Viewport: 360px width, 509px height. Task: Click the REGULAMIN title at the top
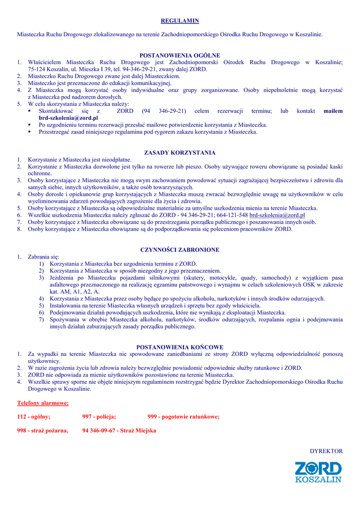[180, 21]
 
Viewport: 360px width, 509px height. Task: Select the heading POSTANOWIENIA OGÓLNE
[180, 55]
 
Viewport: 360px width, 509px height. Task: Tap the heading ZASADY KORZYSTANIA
[180, 153]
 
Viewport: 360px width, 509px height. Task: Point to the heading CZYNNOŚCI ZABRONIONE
[180, 250]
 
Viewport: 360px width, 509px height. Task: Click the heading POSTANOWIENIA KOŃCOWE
[180, 347]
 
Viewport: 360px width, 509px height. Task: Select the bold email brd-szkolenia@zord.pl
[68, 118]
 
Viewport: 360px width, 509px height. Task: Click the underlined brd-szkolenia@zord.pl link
[277, 215]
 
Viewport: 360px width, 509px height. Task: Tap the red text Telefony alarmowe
[43, 403]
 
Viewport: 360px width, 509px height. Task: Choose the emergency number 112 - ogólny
[33, 417]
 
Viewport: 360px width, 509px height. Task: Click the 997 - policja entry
[99, 417]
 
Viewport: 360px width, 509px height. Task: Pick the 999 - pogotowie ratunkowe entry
[183, 417]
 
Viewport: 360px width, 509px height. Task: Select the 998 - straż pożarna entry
[42, 430]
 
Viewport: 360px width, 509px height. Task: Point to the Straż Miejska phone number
[119, 430]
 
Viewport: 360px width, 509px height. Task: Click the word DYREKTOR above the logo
[326, 451]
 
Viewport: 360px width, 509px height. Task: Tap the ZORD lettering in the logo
[318, 469]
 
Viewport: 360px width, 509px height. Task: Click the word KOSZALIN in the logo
[318, 480]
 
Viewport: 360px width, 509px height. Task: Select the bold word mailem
[333, 111]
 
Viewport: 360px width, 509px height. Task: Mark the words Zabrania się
[43, 257]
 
